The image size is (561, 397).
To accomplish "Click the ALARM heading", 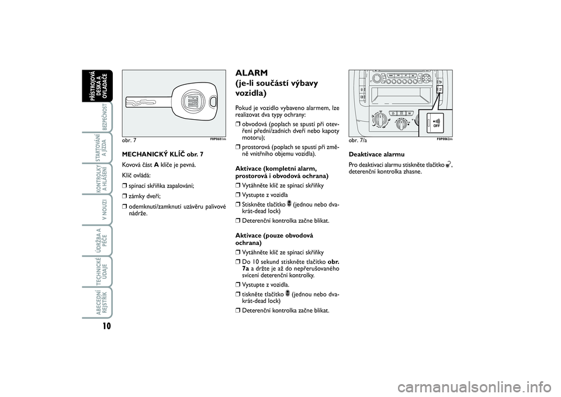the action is [251, 73].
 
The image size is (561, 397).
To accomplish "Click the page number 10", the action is [106, 326].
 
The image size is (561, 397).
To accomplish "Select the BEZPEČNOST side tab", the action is [105, 118].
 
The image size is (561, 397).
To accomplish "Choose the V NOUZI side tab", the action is [105, 210].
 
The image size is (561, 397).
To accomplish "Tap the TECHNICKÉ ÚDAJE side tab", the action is [101, 271].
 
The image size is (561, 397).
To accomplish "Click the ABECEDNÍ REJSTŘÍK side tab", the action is [101, 302].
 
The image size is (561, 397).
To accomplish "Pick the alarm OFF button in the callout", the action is [435, 123].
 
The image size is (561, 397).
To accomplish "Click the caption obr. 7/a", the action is [358, 140].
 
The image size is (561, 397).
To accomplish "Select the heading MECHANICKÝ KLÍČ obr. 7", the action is [163, 154].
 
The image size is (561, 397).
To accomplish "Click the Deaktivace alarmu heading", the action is [377, 154].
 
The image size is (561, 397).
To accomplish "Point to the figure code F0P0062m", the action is [445, 139].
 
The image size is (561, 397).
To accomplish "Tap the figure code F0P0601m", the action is [218, 139].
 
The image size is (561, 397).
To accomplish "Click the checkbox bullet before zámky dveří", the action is [124, 196].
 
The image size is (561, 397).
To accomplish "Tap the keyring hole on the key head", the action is [214, 101].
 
